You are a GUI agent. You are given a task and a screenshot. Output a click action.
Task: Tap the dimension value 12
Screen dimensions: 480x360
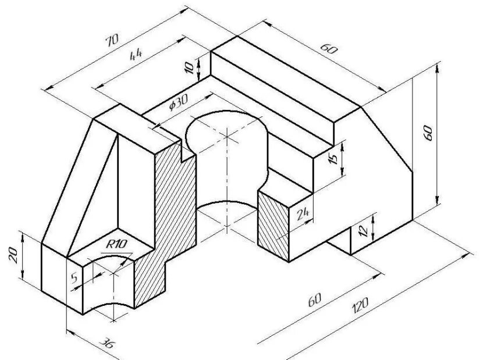[x=364, y=230]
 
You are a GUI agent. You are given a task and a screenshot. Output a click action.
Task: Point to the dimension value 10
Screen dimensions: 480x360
[x=189, y=67]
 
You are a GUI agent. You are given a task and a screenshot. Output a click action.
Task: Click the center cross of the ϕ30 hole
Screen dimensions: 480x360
[x=226, y=137]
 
